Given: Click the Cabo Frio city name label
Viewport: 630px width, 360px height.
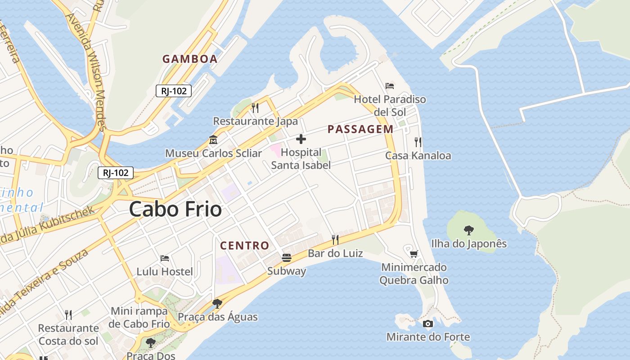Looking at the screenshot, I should tap(175, 210).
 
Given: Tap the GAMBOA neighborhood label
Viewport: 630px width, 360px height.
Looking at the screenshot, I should tap(190, 59).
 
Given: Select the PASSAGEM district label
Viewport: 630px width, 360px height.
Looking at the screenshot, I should tap(360, 130).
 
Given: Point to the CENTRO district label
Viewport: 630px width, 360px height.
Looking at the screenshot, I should tap(244, 246).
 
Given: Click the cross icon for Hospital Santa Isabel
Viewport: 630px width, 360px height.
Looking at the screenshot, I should tap(301, 139).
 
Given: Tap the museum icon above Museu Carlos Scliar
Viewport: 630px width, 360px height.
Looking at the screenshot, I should tap(213, 140).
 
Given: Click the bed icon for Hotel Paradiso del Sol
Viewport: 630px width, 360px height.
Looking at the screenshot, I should tap(390, 85).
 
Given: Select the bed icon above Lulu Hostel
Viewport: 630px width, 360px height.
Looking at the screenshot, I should tap(165, 258).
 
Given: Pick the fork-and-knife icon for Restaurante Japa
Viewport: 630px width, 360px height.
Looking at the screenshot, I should tap(255, 108).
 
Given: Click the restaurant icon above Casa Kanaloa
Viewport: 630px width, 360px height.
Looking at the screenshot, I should tap(418, 142).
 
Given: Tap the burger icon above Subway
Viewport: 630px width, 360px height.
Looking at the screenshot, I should tap(287, 258).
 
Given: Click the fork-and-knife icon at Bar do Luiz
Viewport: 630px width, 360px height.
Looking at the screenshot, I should tap(335, 239).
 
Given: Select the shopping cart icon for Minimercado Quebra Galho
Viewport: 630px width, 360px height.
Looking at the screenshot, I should tap(414, 254).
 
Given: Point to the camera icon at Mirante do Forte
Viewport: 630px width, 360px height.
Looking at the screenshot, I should tap(428, 324).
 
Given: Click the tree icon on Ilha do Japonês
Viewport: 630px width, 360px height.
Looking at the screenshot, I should tap(469, 230).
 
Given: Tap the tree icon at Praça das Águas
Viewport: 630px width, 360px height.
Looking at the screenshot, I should tap(217, 304).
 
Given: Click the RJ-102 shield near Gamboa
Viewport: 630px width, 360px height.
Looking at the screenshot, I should tap(174, 91).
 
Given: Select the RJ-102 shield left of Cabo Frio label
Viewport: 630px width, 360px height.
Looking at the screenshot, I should tap(116, 173).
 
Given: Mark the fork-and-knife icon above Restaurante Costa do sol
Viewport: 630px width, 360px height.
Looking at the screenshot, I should tap(68, 315).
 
